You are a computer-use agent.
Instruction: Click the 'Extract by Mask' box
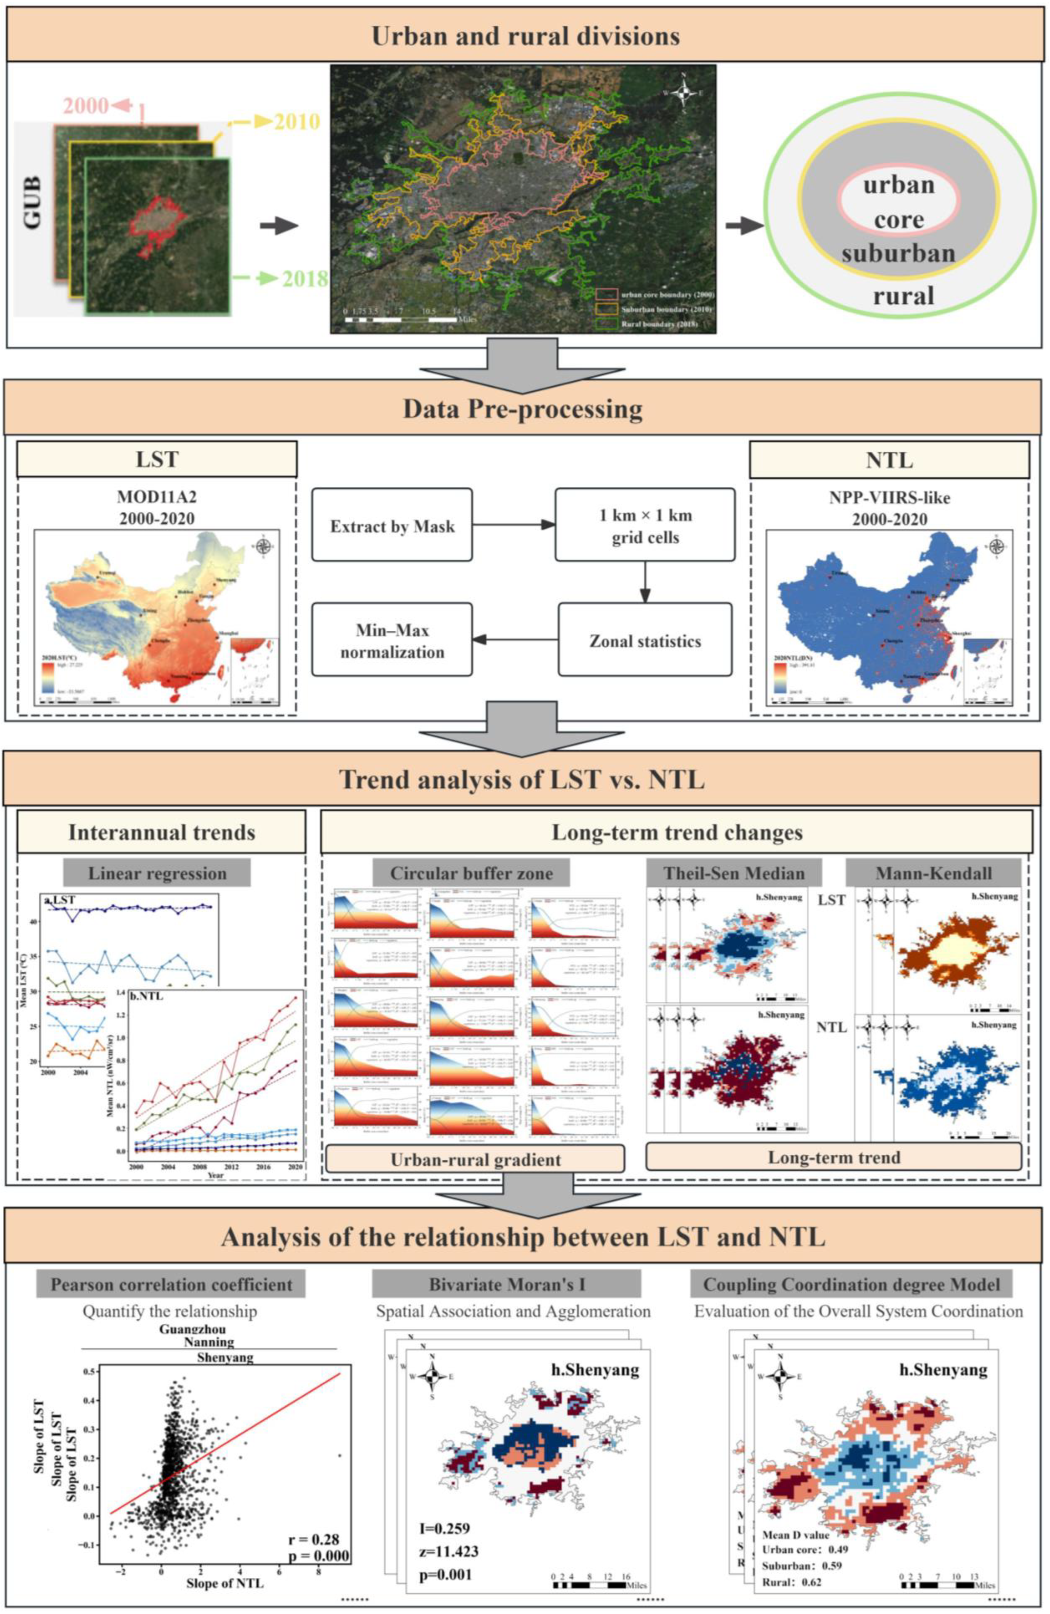click(x=392, y=525)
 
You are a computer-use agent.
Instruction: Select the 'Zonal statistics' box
click(x=645, y=640)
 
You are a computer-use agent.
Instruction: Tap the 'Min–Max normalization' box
click(x=392, y=640)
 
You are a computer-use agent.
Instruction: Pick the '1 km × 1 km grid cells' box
click(x=645, y=525)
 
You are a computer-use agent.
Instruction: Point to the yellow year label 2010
click(x=296, y=122)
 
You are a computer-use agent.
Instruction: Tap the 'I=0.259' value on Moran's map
click(x=444, y=1528)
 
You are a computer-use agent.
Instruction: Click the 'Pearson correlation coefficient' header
click(x=172, y=1284)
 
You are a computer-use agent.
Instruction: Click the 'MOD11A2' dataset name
click(x=157, y=497)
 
